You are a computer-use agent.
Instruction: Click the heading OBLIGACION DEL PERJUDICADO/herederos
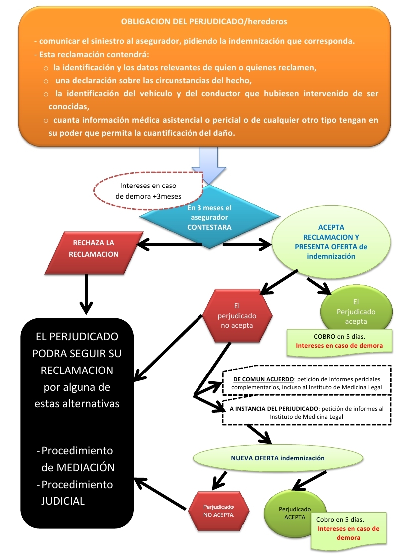pyautogui.click(x=204, y=22)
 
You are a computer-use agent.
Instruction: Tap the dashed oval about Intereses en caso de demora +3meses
pyautogui.click(x=148, y=191)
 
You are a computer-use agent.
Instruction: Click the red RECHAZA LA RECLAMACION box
pyautogui.click(x=100, y=248)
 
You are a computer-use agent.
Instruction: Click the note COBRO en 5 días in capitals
pyautogui.click(x=339, y=337)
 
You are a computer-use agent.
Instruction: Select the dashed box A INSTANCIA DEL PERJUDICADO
pyautogui.click(x=306, y=412)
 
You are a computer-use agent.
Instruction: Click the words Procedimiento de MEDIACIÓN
pyautogui.click(x=77, y=459)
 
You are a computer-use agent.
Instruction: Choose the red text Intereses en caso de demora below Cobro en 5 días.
pyautogui.click(x=348, y=533)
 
